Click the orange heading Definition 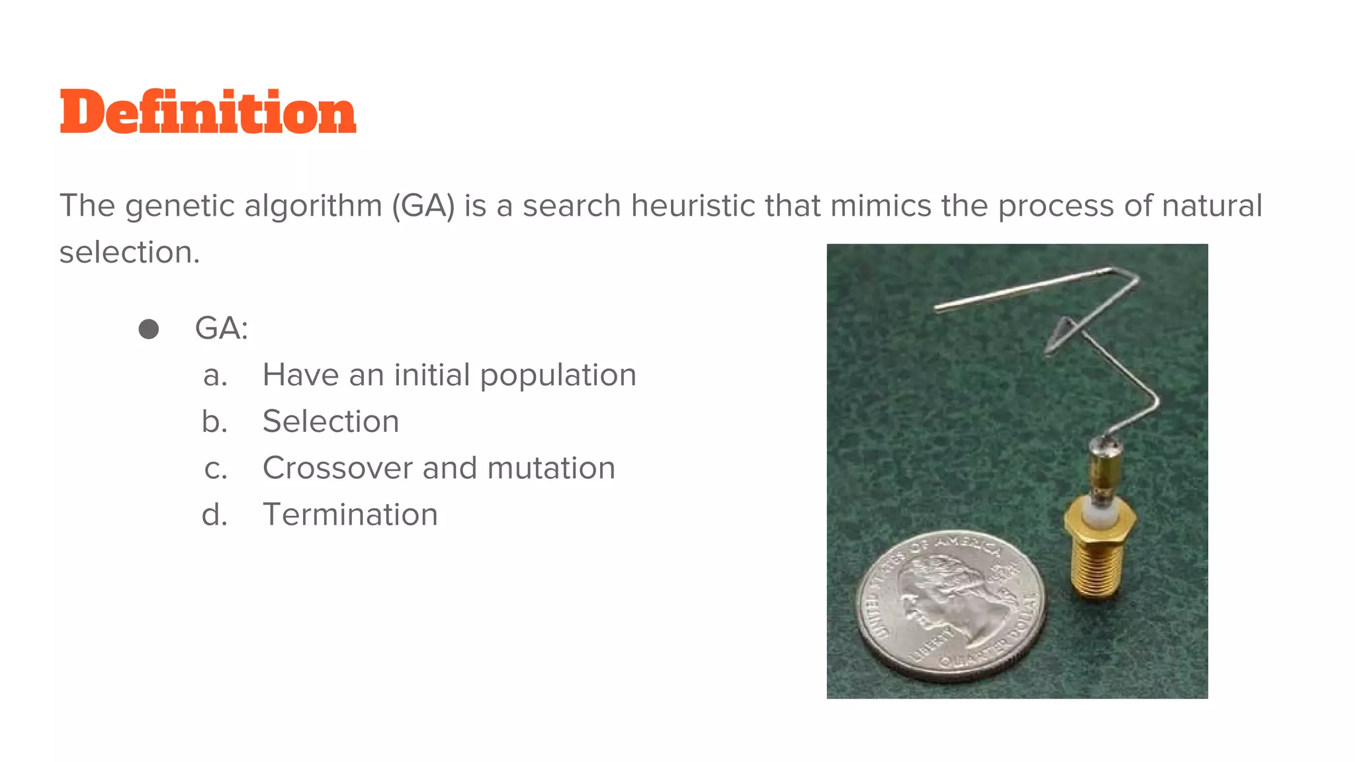(x=208, y=112)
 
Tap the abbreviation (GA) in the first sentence (x=423, y=206)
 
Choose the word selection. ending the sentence (x=130, y=252)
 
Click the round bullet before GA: (x=149, y=329)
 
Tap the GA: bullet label (x=221, y=328)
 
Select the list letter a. (x=215, y=376)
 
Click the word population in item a (x=558, y=376)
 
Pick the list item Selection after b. (x=331, y=422)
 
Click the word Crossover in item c (x=337, y=468)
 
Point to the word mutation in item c (x=551, y=468)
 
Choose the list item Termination (x=350, y=515)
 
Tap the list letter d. (x=214, y=515)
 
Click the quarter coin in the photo (x=951, y=605)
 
